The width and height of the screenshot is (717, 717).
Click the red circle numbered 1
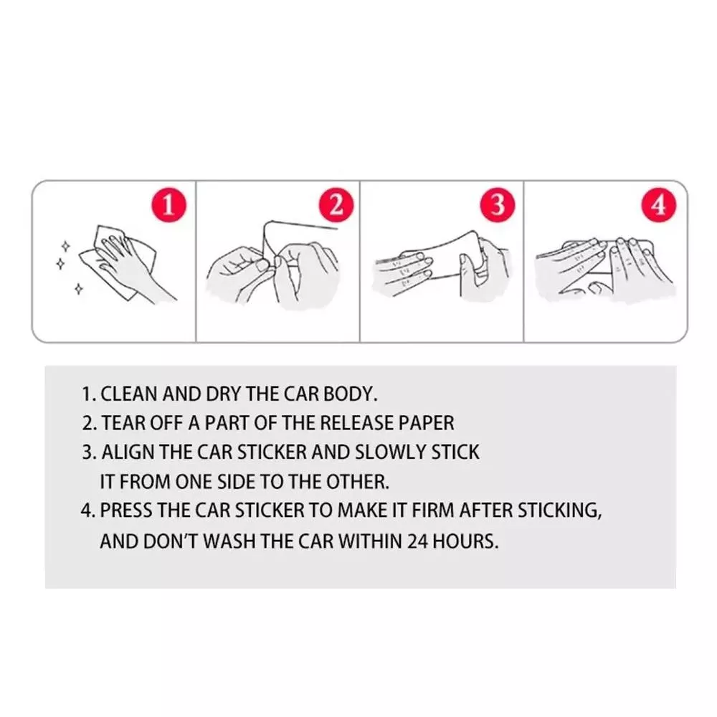pos(168,204)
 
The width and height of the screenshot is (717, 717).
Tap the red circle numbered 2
pos(336,204)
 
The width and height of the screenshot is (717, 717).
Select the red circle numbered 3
pos(498,204)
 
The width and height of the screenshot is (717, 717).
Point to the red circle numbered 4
pos(659,204)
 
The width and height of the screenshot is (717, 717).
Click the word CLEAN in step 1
pos(129,394)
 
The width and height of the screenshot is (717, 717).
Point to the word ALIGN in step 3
pos(128,452)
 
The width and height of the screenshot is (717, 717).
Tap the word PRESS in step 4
pos(125,511)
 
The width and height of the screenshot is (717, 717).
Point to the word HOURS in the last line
pos(465,541)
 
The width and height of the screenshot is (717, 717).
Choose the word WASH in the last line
pos(229,541)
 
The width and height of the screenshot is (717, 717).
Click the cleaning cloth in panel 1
pos(118,263)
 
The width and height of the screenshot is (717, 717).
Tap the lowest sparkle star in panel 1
pos(79,288)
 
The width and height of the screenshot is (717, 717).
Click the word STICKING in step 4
pos(560,511)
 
